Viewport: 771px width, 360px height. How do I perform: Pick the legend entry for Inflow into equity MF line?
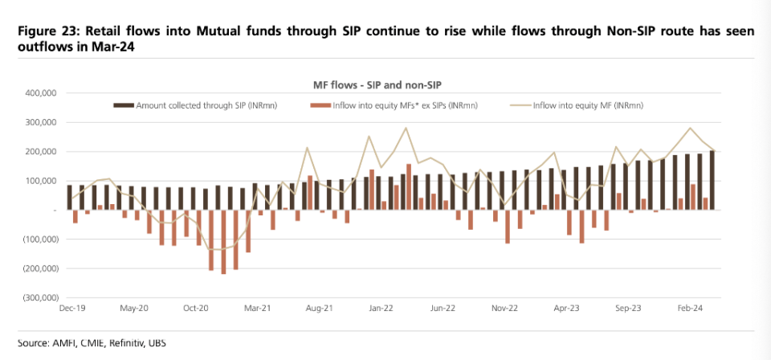(x=577, y=105)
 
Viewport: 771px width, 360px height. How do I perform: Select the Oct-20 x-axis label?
(x=196, y=308)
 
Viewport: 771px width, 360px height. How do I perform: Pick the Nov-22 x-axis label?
(x=504, y=308)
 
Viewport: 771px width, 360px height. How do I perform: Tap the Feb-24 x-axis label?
(x=689, y=308)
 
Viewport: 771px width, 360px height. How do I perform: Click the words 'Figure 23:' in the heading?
(x=42, y=34)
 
